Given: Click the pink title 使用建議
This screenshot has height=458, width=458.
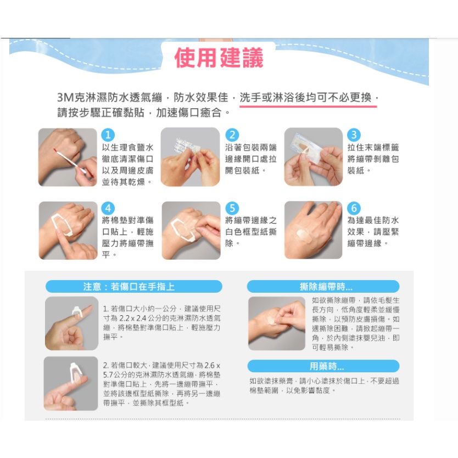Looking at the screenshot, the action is (219, 58).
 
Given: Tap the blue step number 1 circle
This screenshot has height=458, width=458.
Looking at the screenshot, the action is (108, 135).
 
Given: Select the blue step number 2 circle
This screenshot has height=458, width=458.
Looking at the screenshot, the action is (232, 135).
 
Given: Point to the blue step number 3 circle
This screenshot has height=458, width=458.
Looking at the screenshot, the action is (354, 135).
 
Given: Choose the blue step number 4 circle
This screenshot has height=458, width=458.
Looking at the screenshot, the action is (108, 208).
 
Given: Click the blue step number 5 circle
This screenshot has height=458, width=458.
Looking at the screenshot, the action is (232, 208).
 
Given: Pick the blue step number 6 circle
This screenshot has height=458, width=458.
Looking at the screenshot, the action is (354, 208).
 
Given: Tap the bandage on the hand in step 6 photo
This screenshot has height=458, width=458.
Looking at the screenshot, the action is (303, 234).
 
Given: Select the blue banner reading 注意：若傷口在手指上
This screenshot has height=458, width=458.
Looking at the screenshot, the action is (134, 287).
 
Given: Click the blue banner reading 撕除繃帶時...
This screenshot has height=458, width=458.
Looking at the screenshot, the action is (323, 287).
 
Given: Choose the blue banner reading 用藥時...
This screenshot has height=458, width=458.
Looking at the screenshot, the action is (323, 366).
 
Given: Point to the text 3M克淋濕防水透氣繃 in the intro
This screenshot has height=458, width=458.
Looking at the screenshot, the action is (109, 97).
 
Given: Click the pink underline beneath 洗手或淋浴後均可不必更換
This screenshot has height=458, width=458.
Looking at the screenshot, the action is (308, 107).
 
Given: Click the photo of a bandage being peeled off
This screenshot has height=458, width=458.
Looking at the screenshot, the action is (277, 323).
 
